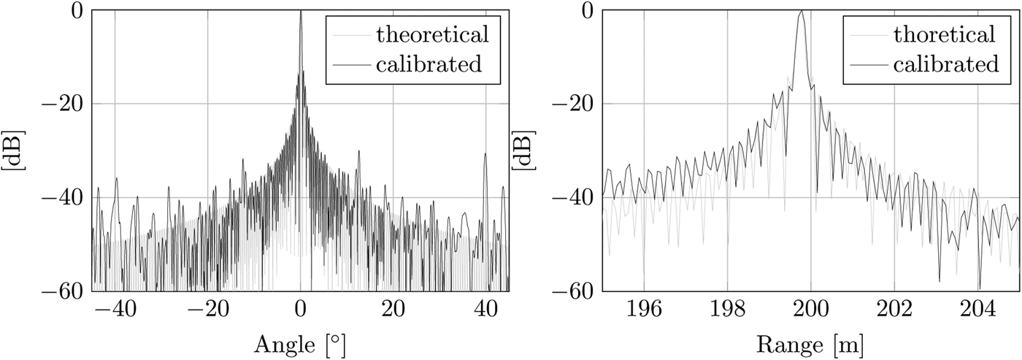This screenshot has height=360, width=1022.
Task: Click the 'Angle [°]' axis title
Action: point(299,342)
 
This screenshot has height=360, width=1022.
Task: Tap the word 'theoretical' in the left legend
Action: point(429,34)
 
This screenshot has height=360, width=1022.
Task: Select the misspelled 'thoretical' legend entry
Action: point(944,34)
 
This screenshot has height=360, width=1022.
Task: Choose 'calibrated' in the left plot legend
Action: point(429,64)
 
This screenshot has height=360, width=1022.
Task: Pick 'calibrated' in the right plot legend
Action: point(944,64)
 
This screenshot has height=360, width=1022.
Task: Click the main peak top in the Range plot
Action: point(802,11)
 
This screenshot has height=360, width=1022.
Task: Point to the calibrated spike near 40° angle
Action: point(485,155)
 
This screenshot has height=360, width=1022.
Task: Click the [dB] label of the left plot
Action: point(14,151)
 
